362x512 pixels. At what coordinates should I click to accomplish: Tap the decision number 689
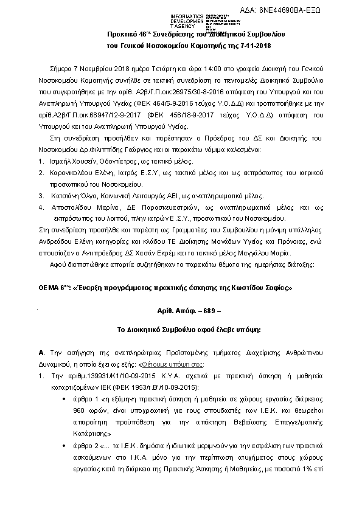195,310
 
